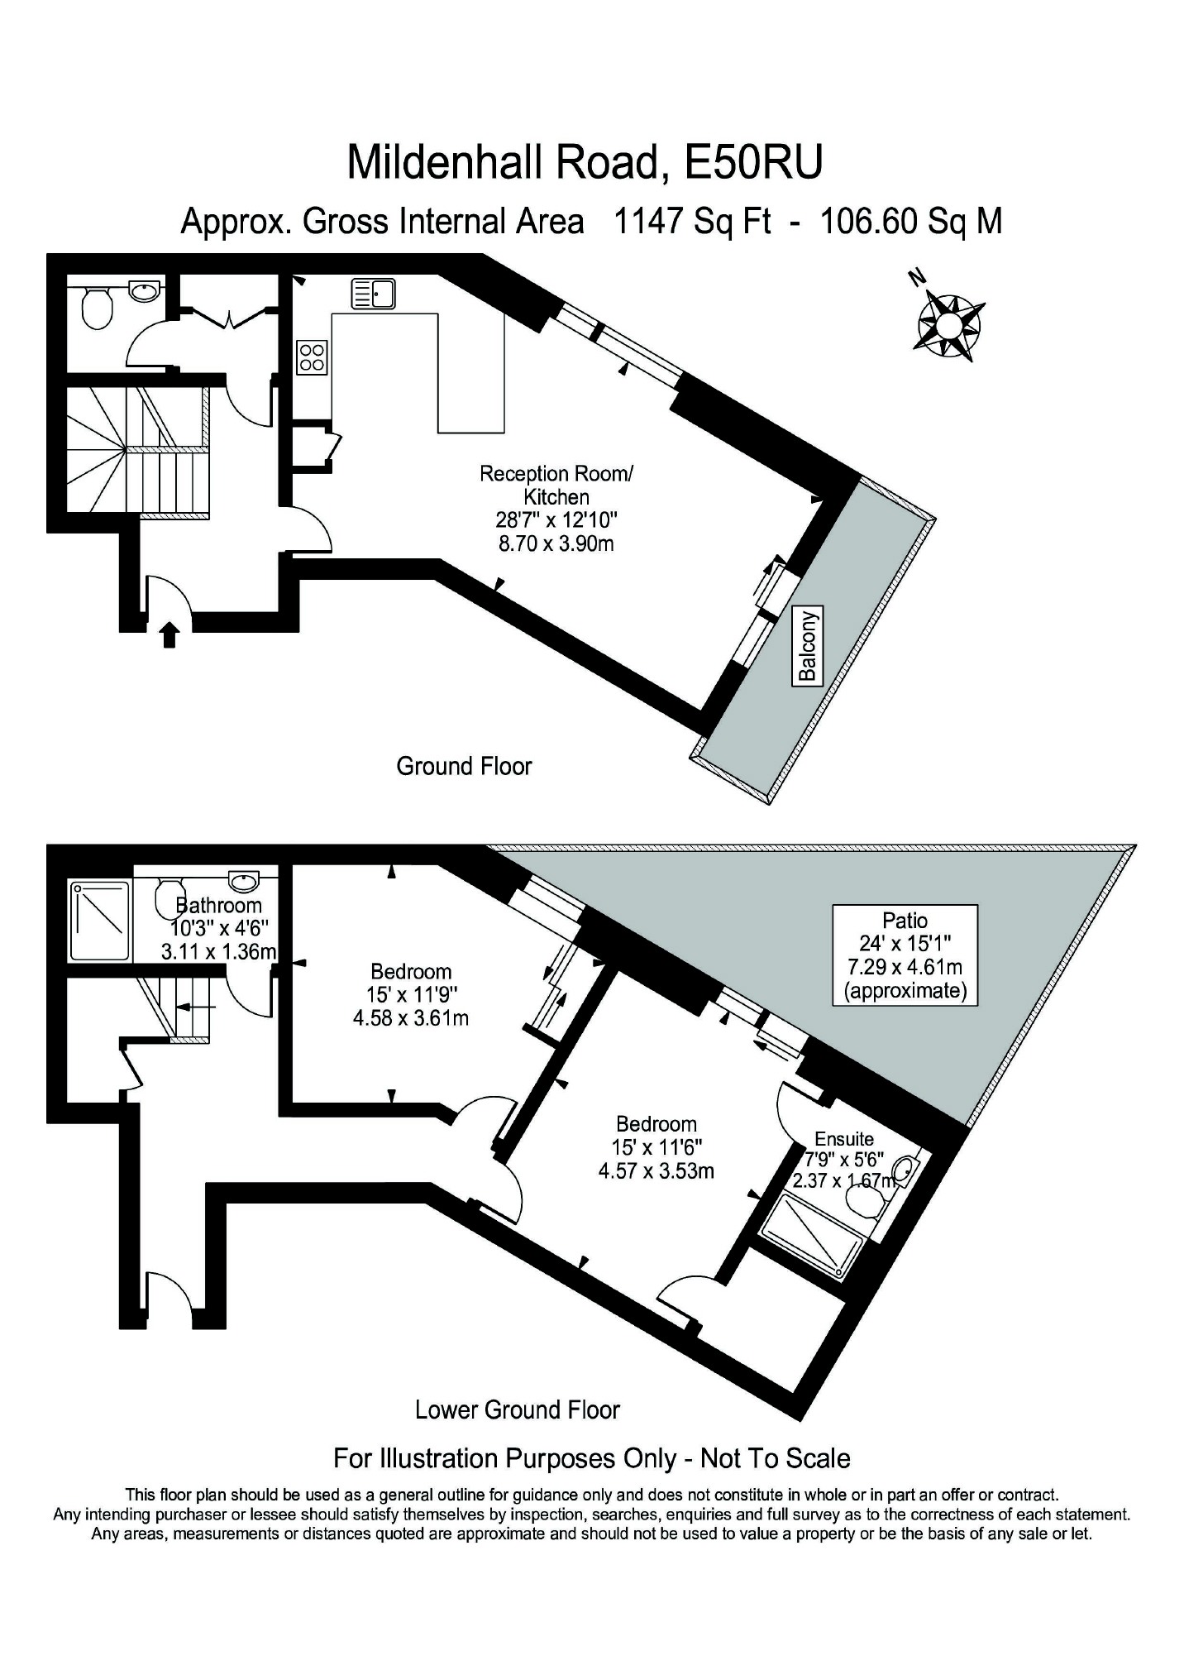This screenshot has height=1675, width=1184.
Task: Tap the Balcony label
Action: click(808, 644)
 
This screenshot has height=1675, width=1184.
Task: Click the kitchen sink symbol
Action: click(374, 294)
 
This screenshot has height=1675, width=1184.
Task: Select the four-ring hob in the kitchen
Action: click(312, 357)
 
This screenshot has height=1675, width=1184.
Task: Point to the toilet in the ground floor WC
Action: click(97, 308)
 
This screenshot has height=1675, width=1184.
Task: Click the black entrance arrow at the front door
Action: click(169, 635)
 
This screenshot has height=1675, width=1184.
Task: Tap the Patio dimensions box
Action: click(905, 955)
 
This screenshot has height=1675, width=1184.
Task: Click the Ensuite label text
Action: click(844, 1139)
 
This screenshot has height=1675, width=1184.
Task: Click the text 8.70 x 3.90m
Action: click(556, 543)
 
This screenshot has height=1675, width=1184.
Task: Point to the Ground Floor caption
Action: click(464, 766)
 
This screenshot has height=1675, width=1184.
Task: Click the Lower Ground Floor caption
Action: click(518, 1409)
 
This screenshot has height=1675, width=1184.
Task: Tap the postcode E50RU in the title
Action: click(753, 162)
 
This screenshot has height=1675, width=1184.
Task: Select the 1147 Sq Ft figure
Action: click(691, 221)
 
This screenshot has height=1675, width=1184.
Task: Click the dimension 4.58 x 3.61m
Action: click(411, 1017)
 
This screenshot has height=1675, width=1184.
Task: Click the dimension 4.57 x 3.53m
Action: click(656, 1170)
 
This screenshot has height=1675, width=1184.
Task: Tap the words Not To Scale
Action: click(775, 1458)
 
